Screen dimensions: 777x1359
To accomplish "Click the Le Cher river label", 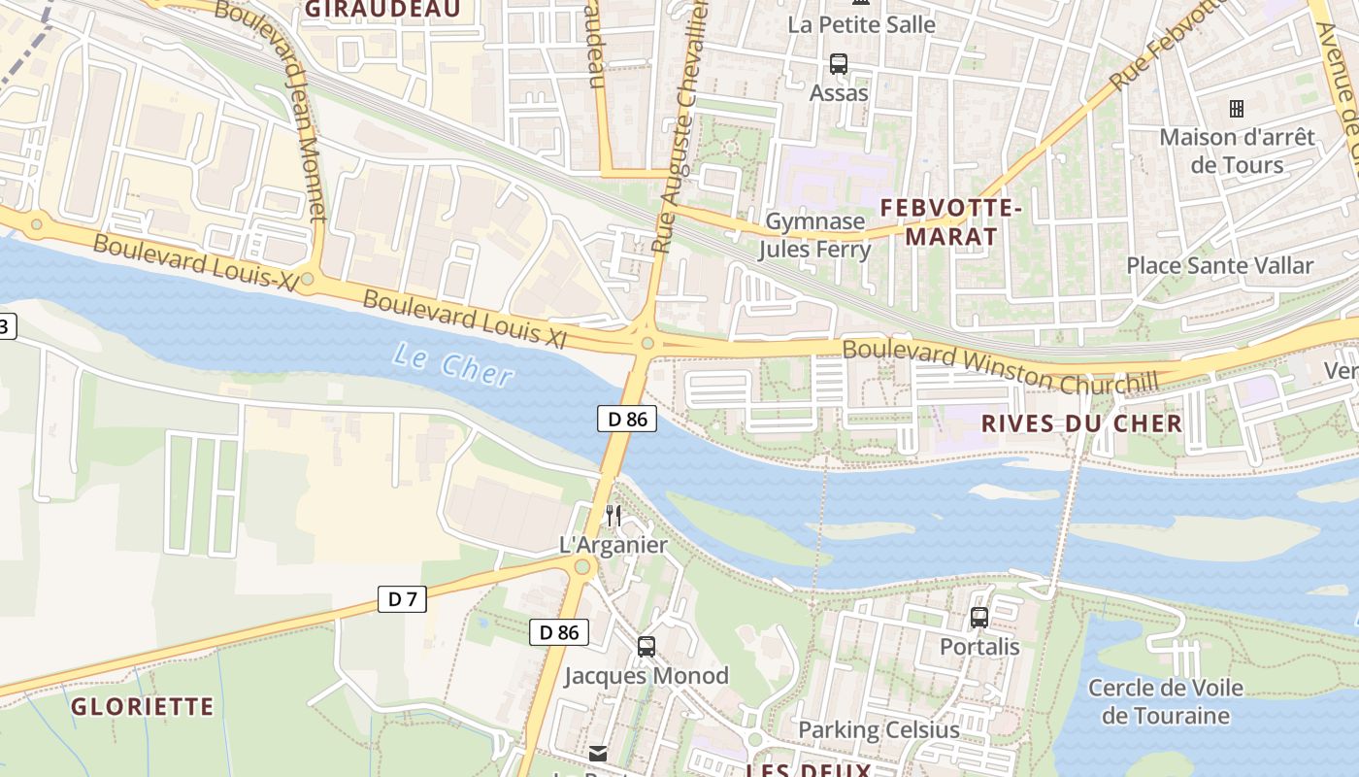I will coord(453,366).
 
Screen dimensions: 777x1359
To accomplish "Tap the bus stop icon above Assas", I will coord(838,64).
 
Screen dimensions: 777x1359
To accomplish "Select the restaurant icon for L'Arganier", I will coord(613,515).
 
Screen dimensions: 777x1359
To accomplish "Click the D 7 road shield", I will coord(402,599).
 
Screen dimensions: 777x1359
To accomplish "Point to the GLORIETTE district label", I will coord(143,706).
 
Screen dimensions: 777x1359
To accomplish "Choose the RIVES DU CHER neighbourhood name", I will coord(1081,423).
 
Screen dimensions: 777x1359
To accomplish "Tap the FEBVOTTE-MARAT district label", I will coord(938,221).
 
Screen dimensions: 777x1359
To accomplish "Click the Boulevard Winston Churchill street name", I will coord(1000,367).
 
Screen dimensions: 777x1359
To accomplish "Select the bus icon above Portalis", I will coord(979,617).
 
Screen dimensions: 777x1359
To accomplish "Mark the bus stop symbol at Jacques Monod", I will coord(646,646).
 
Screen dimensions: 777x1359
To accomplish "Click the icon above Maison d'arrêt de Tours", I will coord(1237,108).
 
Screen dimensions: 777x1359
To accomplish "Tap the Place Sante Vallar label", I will coord(1219,265).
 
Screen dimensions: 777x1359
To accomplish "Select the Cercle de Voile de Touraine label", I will coord(1165,702).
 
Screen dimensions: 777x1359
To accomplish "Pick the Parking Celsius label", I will coord(878,729).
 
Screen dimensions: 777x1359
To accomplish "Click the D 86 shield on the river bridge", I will coord(627,420).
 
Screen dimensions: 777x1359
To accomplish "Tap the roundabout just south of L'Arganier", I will coord(582,567).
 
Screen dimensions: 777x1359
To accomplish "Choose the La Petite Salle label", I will coord(861,24).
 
